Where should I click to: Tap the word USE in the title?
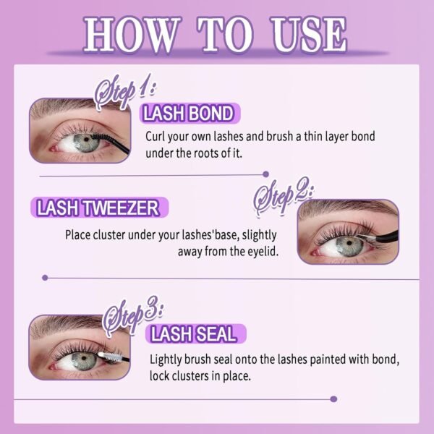309,35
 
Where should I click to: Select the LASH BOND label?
190,114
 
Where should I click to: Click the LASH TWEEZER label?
99,208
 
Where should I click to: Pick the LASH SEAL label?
195,333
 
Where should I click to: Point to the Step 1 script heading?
124,91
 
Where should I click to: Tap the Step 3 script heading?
132,315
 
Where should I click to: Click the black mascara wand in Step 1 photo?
110,142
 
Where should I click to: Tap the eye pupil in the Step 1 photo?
86,139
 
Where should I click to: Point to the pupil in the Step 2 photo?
349,243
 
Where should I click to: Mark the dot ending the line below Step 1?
265,174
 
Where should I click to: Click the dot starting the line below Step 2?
45,278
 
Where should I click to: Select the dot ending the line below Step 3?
333,399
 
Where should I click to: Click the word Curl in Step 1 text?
156,136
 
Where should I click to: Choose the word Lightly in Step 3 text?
165,359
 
